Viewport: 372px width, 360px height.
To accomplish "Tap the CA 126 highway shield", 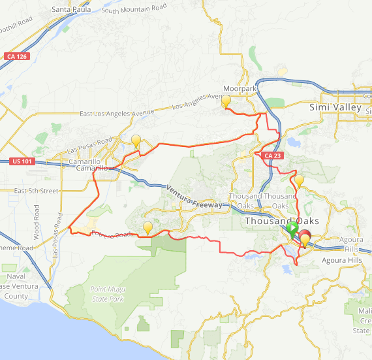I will point(15,57).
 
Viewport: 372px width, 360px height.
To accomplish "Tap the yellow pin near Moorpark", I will point(226,101).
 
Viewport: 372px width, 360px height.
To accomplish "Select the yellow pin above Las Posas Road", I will point(136,140).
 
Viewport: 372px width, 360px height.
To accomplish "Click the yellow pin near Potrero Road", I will point(148,228).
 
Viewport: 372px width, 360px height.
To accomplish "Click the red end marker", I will point(304,237).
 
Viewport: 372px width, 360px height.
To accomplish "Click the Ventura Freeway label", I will point(194,197).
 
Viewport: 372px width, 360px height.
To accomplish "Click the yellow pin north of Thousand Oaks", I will point(299,180).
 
